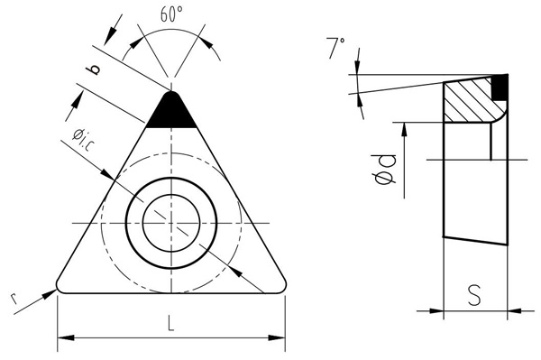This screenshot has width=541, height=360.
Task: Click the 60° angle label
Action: click(171, 14)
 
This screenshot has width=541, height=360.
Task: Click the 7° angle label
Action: click(335, 48)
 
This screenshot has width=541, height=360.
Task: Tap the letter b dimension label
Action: click(94, 69)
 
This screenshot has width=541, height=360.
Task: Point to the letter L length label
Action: click(171, 323)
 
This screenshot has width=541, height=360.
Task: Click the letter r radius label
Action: click(14, 299)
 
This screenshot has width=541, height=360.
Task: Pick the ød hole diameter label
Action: click(386, 169)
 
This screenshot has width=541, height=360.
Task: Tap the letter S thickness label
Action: click(474, 295)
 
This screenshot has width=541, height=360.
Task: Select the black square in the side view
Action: click(500, 87)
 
